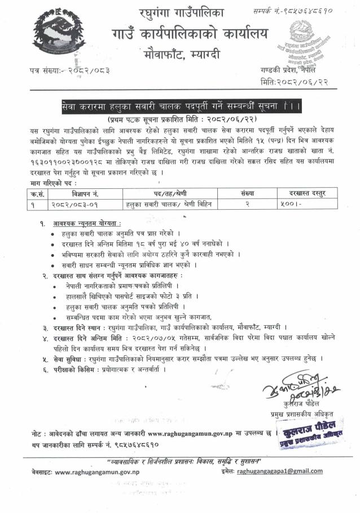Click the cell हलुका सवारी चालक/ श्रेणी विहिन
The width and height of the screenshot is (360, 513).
point(168,203)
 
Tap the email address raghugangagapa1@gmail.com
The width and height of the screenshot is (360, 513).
point(280,471)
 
